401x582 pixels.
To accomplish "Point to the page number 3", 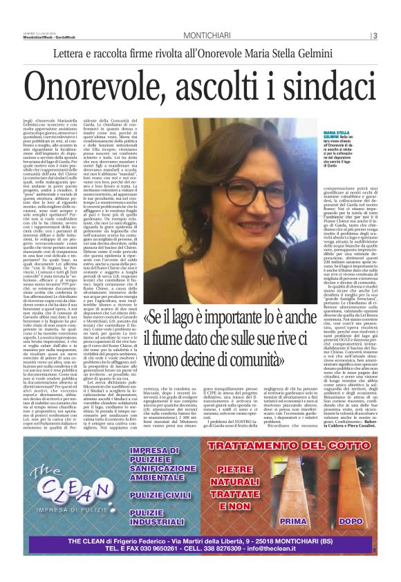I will click(x=375, y=35).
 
